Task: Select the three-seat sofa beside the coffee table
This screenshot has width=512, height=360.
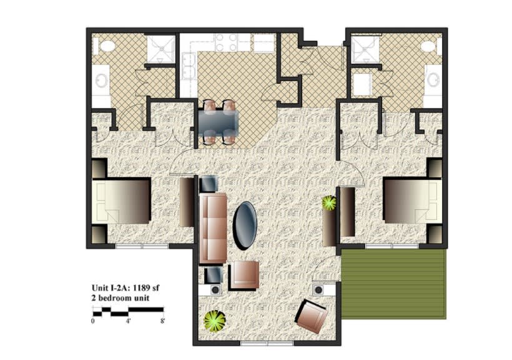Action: [213, 228]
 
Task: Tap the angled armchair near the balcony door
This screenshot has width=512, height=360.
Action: [310, 316]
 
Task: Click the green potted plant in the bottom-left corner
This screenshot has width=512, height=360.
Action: [215, 321]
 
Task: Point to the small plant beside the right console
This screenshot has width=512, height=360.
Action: [328, 203]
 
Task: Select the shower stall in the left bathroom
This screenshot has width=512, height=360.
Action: [160, 47]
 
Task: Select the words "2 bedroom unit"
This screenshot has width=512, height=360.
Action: [122, 299]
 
